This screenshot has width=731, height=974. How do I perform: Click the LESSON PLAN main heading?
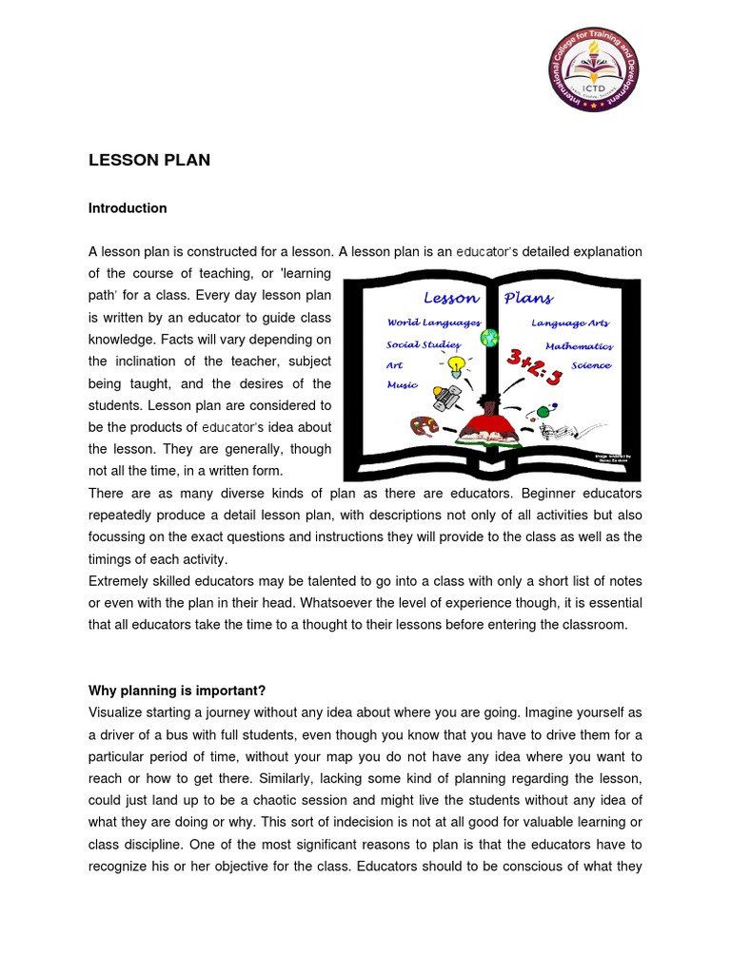coord(149,161)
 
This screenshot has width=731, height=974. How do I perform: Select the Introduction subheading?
coord(128,208)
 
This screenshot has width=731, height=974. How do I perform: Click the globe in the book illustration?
coord(489,337)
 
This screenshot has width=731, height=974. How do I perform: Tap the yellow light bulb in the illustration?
coord(457,364)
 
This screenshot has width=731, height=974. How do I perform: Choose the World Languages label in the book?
coord(433,322)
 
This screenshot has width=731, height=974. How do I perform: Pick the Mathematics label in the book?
coord(579,346)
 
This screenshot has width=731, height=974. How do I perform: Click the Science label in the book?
coord(591,365)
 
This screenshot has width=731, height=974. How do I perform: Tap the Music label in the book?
coord(402,385)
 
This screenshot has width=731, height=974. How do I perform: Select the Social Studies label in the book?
coord(424,344)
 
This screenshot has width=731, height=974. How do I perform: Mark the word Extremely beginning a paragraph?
coord(122,581)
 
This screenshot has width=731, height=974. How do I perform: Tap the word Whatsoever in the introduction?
coord(356,603)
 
